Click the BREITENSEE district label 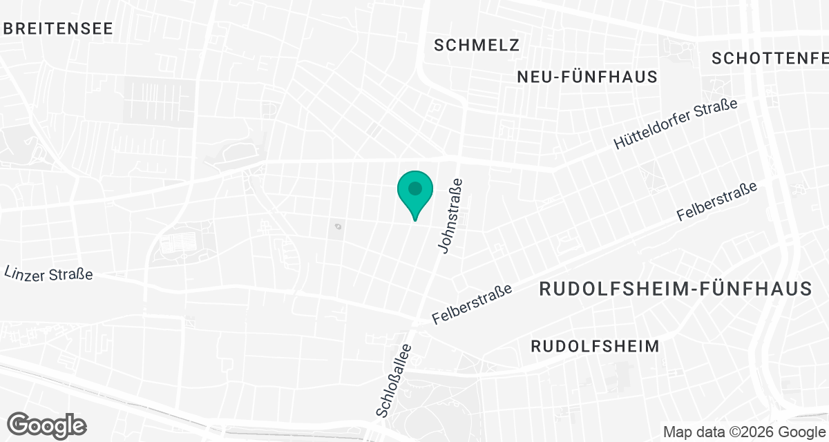57,28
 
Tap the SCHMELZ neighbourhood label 477,46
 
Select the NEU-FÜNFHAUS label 587,77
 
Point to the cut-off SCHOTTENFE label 770,59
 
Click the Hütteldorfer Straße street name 676,124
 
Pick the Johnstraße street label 450,215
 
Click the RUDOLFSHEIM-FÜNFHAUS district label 675,289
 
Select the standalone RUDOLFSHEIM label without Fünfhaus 595,346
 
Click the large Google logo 47,424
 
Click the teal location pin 414,192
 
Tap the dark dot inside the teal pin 414,188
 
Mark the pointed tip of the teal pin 414,220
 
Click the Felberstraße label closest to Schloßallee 473,305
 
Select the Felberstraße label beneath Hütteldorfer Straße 717,202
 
